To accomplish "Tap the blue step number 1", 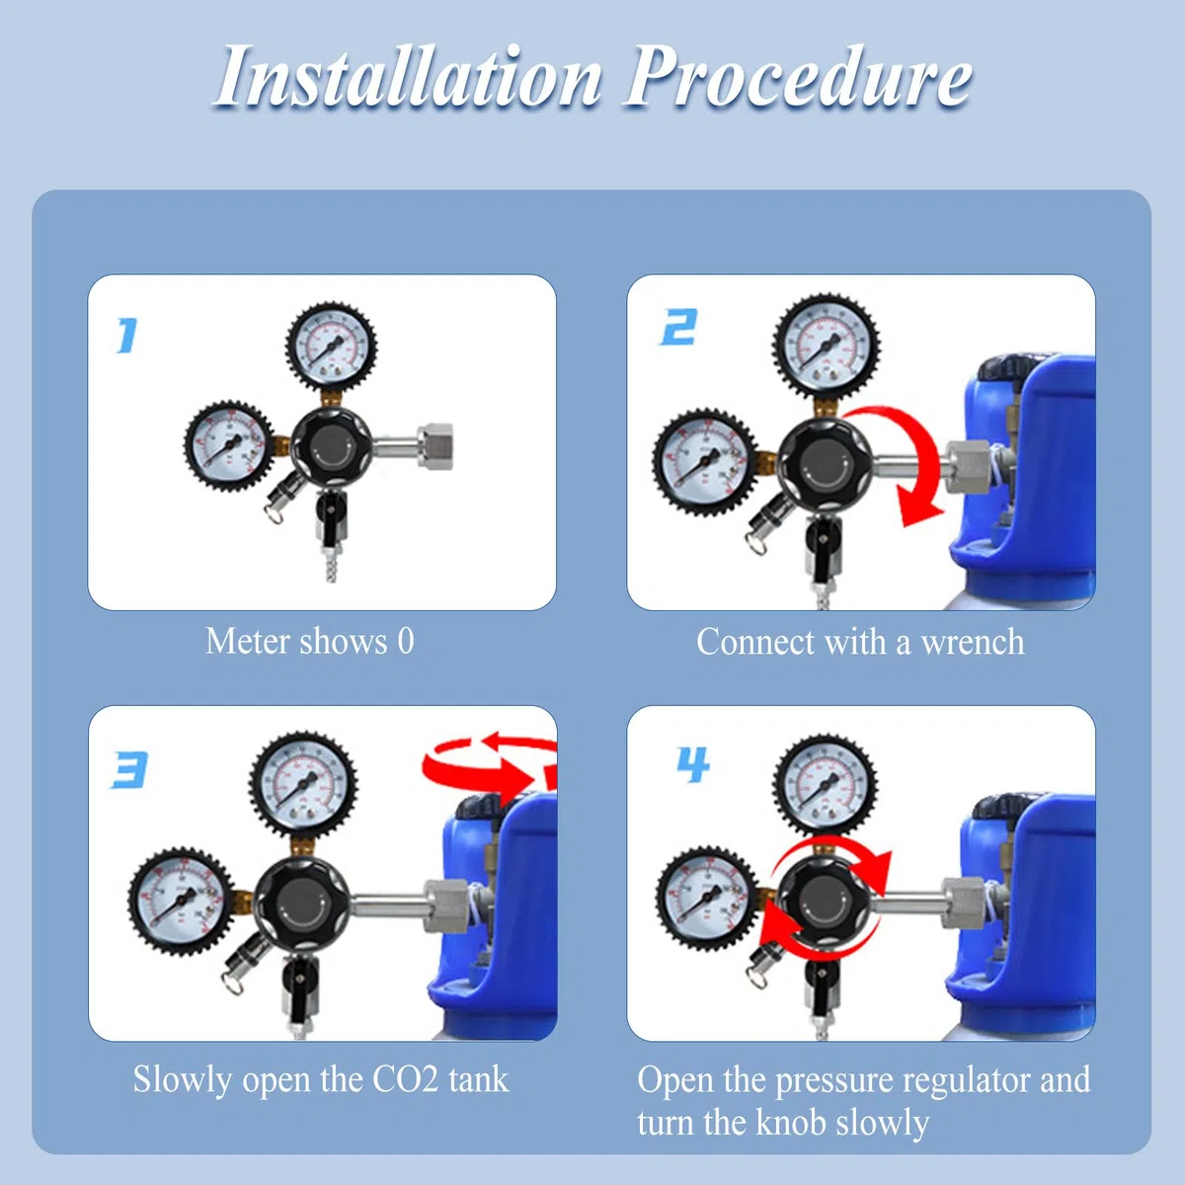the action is click(x=127, y=336).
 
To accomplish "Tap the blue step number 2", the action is click(x=678, y=327).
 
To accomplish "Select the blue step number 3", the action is click(x=128, y=769).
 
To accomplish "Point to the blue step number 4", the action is click(x=693, y=764).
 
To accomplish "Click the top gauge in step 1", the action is click(x=331, y=347).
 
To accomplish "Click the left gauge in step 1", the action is click(x=227, y=444).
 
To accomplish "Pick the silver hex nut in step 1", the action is click(x=436, y=446).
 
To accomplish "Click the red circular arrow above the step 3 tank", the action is click(x=490, y=764).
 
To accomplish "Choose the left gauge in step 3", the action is click(x=181, y=902).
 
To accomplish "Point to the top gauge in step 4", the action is click(x=824, y=785).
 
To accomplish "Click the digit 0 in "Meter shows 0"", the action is click(x=405, y=642).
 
